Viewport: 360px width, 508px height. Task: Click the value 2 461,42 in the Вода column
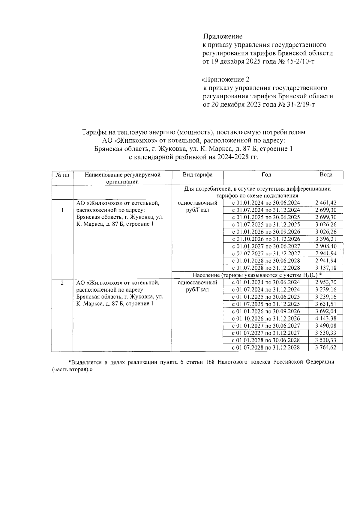coord(326,203)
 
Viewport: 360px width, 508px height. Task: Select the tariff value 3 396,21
coord(326,239)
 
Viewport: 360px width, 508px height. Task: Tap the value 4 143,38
coord(326,319)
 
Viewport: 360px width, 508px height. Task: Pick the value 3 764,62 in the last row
coord(326,348)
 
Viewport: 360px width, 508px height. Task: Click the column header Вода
coord(326,175)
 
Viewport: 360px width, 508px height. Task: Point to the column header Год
coord(266,175)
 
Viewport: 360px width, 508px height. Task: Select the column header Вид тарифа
coord(197,175)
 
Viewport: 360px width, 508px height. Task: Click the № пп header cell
coord(62,175)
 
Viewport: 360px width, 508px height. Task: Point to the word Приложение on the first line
coord(223,37)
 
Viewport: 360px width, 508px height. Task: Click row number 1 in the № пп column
coord(62,210)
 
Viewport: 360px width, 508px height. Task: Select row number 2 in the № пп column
coord(62,283)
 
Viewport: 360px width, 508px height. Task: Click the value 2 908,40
coord(326,246)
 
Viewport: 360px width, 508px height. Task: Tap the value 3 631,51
coord(326,304)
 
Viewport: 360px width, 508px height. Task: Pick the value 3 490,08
coord(326,326)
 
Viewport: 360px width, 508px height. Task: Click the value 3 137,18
coord(326,268)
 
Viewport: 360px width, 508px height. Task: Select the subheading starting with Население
coord(257,275)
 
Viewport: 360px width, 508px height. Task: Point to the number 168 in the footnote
coord(210,362)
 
